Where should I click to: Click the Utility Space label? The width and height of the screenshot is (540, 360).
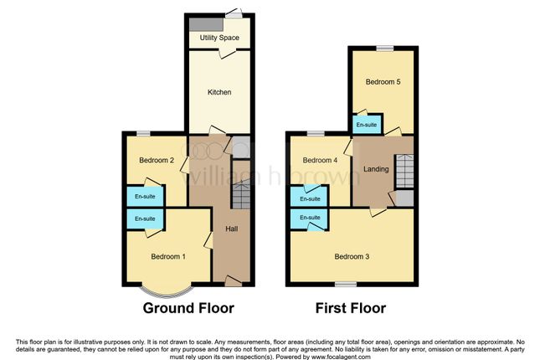[x=219, y=38]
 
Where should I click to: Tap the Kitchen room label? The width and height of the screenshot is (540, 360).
[x=219, y=92]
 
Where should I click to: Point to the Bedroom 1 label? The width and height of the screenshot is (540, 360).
[x=167, y=256]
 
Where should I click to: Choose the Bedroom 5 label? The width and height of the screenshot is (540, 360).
[x=383, y=82]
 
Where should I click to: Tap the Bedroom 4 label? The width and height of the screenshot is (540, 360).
[x=320, y=161]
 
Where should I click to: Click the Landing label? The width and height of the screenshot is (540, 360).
[x=376, y=169]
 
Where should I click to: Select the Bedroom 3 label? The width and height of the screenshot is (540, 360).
[x=352, y=256]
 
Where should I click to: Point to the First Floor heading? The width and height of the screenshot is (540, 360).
[x=351, y=308]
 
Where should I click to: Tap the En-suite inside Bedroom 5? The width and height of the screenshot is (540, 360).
[x=366, y=126]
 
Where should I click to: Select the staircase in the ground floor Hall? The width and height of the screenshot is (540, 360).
[x=240, y=198]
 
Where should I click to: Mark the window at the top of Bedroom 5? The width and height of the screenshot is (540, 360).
[x=383, y=48]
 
